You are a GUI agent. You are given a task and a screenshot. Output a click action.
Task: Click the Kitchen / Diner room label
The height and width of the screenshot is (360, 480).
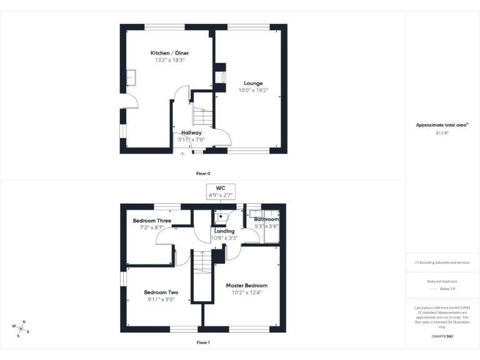click(x=169, y=53)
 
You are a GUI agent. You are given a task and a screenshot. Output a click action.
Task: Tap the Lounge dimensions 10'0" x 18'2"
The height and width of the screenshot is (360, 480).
click(x=252, y=91)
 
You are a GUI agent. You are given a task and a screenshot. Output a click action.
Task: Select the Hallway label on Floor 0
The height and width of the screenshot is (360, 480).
click(x=191, y=132)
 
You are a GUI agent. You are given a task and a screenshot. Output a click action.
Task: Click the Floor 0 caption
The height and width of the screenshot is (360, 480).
click(x=203, y=173)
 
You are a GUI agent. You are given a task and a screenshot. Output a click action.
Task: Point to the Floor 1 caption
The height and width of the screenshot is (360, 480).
click(x=203, y=342)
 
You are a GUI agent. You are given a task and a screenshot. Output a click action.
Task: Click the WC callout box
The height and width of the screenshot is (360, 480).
click(x=220, y=191)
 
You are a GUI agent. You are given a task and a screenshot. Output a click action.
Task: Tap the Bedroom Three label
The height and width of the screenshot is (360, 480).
click(x=152, y=221)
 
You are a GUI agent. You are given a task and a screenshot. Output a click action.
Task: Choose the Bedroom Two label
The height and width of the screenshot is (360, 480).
click(x=161, y=292)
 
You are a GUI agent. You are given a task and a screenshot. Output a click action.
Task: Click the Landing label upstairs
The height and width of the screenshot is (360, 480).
click(x=224, y=231)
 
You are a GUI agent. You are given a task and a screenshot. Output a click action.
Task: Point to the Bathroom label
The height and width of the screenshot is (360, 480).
click(x=266, y=220)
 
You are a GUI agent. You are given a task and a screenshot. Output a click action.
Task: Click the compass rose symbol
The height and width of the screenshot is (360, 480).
click(x=21, y=328)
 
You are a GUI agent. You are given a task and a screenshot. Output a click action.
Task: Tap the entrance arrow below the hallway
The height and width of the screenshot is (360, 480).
click(x=182, y=154)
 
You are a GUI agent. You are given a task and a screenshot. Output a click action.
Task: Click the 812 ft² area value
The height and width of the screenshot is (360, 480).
click(x=442, y=133)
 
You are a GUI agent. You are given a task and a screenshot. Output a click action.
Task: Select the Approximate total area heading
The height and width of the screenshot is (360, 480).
click(x=441, y=125)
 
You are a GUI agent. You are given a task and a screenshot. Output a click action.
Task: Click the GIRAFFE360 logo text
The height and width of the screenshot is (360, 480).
click(x=442, y=336)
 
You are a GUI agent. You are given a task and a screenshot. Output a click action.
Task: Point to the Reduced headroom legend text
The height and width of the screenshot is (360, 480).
click(x=442, y=281)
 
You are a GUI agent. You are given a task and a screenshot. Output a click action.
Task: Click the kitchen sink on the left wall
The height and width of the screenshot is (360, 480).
click(x=132, y=77)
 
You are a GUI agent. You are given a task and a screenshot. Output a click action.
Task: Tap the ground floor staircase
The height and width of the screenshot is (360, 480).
click(x=201, y=116)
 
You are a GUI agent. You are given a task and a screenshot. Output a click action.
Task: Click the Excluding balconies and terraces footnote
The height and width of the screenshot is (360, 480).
click(x=442, y=262)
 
